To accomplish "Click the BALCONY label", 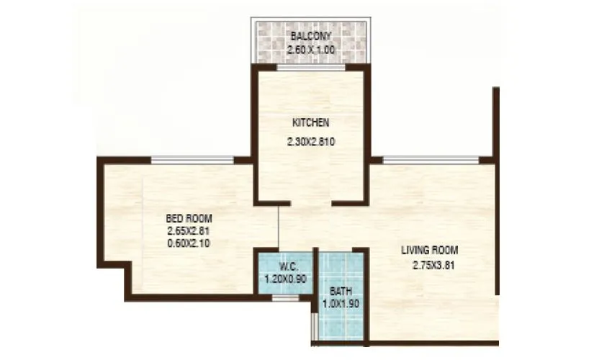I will click(x=310, y=36).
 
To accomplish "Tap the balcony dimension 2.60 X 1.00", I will click(x=310, y=50).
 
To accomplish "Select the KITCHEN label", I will click(x=310, y=123).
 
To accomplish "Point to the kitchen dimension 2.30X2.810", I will click(x=310, y=143).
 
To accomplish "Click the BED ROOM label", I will click(x=189, y=218).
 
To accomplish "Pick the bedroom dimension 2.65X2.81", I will click(x=189, y=231).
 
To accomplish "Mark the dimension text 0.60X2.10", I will click(x=189, y=243).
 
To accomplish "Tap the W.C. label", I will click(x=287, y=266).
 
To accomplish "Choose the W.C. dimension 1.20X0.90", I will click(x=287, y=278).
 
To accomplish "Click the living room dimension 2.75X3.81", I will click(x=430, y=265).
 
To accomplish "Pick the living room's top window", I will click(x=431, y=160).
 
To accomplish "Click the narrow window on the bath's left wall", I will click(x=313, y=328).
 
